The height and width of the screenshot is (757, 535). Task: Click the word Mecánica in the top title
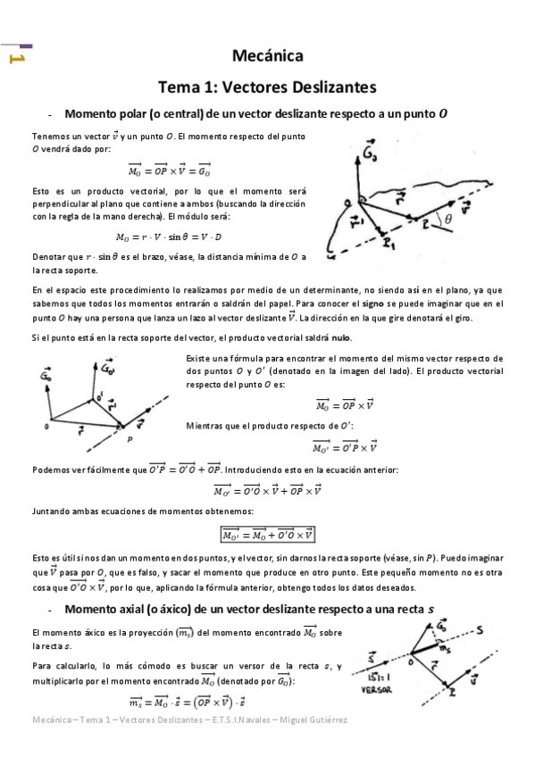[x=268, y=56]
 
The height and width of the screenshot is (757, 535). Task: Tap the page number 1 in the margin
[x=15, y=59]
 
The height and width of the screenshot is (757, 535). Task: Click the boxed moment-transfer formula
[x=268, y=535]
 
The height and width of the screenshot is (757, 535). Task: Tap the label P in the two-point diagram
[x=130, y=438]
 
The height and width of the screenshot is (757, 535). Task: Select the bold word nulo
[x=339, y=337]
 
